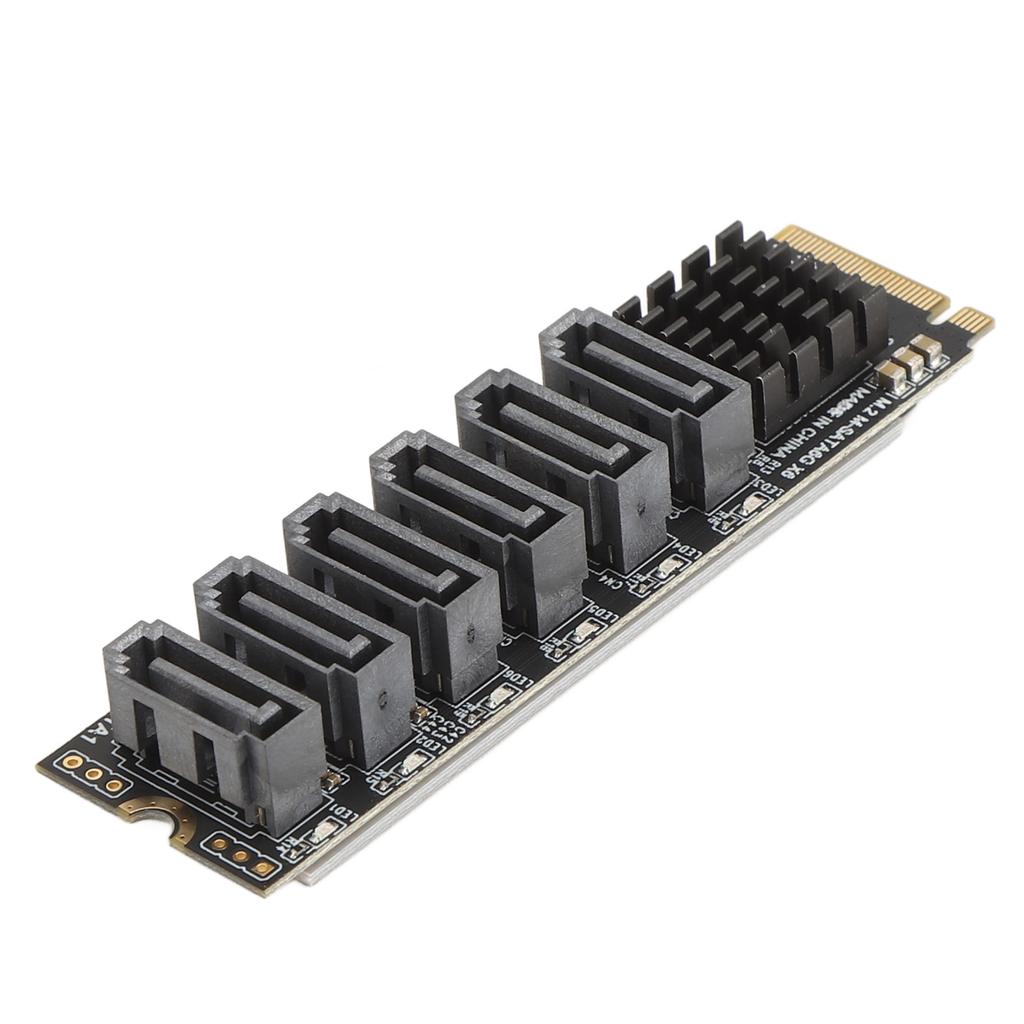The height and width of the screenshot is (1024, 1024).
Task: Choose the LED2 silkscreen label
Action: click(431, 744)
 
